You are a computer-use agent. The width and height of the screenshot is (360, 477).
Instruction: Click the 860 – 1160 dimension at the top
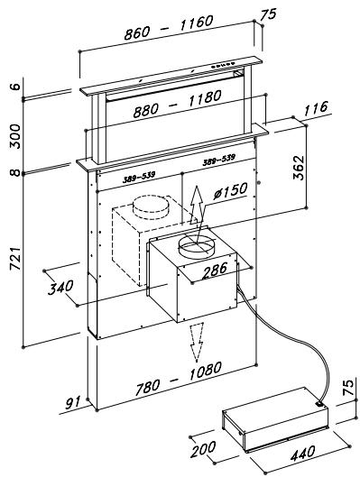[x=169, y=27]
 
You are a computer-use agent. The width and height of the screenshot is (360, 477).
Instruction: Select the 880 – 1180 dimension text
[x=178, y=104]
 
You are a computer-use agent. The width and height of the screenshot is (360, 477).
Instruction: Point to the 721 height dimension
[x=15, y=259]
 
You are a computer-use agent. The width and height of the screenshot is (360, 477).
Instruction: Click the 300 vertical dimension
[x=15, y=136]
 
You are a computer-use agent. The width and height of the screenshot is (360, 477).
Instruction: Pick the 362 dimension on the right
[x=299, y=168]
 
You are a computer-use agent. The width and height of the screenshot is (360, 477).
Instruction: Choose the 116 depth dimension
[x=315, y=108]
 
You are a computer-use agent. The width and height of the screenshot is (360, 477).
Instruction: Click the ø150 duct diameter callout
[x=230, y=191]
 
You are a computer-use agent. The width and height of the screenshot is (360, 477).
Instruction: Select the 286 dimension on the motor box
[x=215, y=270]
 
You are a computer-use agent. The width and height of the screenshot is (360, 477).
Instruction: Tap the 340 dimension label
[x=60, y=287]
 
